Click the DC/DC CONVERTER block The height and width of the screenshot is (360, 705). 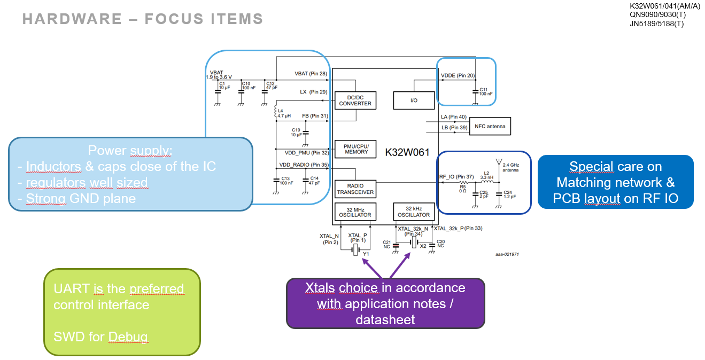pos(355,100)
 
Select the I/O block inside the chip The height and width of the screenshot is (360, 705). pos(414,100)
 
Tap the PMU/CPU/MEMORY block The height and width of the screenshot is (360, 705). pos(356,148)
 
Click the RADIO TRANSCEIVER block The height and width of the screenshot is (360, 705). pos(355,189)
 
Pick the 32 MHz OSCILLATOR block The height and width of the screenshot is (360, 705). pos(355,212)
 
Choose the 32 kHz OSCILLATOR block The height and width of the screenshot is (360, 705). pos(413,212)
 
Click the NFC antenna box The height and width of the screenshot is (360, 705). pos(490,126)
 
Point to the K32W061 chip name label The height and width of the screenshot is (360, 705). pos(407,152)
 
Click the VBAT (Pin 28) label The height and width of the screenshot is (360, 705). pos(311,74)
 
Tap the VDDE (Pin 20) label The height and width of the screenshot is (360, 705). pos(458,75)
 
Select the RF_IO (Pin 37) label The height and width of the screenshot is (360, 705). pos(456,177)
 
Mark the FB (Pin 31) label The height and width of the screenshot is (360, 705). pos(315,116)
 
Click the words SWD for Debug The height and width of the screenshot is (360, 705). pos(100,337)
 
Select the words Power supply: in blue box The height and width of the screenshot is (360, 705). pos(130,150)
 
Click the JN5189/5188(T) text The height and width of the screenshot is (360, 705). pos(657,24)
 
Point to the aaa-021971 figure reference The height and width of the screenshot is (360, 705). pos(506,254)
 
